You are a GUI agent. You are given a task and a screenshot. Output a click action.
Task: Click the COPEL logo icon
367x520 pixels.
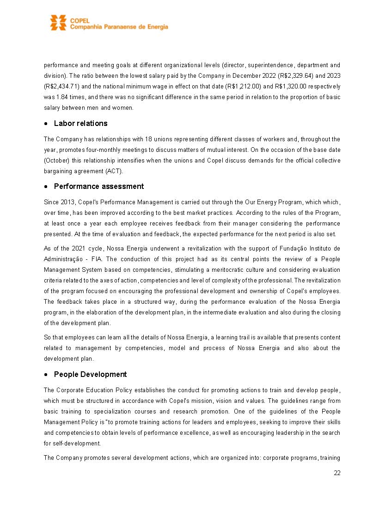[58, 23]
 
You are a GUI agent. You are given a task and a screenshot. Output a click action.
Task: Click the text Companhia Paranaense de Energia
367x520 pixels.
[119, 27]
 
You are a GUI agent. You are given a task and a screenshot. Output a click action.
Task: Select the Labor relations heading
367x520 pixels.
[80, 123]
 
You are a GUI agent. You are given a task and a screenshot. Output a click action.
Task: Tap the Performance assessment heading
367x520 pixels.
[98, 186]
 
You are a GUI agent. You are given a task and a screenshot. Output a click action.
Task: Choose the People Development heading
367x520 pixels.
[90, 374]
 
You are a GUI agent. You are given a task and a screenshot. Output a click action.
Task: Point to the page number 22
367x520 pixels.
[337, 473]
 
